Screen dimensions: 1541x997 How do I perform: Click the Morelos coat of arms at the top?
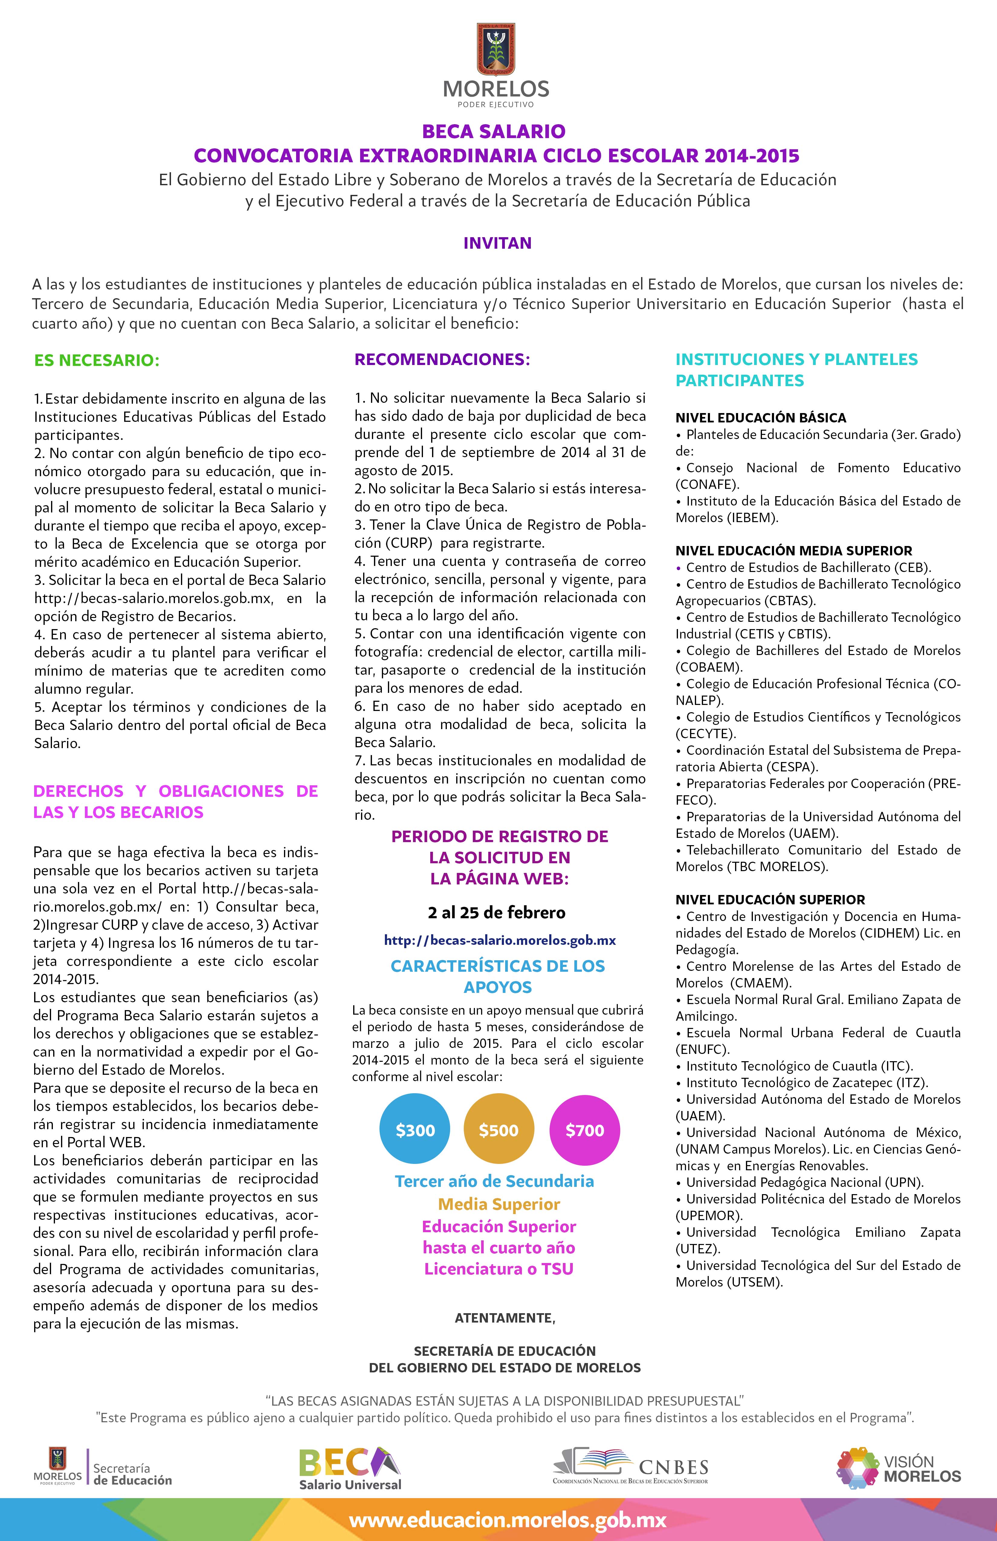tap(496, 50)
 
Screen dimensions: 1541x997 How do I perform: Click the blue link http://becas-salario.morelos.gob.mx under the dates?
tap(500, 940)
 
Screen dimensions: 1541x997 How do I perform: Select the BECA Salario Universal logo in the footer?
tap(350, 1468)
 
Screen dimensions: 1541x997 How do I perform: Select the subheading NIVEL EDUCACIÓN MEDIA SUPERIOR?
tap(794, 550)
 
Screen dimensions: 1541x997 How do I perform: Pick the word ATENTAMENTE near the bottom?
tap(505, 1318)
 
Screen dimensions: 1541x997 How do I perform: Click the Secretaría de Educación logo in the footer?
tap(104, 1468)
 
